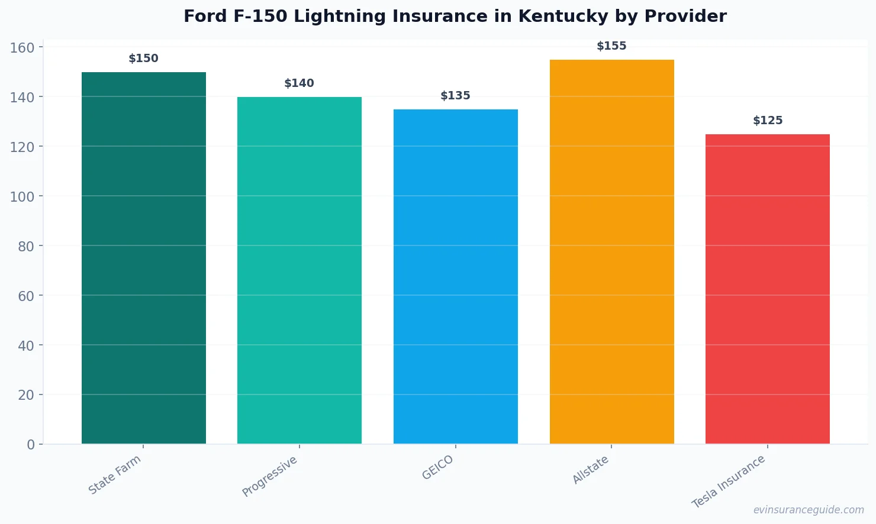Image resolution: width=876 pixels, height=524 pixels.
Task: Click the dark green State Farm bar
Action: tap(144, 258)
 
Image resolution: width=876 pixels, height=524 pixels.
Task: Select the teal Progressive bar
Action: tap(299, 270)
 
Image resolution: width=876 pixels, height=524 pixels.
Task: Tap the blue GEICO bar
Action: tap(456, 276)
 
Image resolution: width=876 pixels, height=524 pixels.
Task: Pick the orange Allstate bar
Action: tap(611, 251)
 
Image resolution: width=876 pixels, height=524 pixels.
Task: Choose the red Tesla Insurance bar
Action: tap(768, 289)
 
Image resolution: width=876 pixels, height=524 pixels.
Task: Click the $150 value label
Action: tap(144, 59)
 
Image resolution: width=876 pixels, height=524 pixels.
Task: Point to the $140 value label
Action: tap(299, 83)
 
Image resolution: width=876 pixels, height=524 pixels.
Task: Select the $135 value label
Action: tap(456, 96)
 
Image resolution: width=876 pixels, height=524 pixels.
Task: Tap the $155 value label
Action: tap(611, 46)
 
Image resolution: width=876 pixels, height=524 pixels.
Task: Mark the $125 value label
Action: tap(768, 121)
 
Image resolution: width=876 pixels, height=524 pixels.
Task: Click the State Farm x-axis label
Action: tap(115, 474)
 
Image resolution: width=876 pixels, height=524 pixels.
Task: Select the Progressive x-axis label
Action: tap(270, 476)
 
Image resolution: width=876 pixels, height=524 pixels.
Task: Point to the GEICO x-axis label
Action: tap(438, 467)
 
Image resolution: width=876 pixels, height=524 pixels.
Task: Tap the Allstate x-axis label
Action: tap(591, 470)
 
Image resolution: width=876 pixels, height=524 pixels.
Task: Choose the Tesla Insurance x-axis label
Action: tap(729, 481)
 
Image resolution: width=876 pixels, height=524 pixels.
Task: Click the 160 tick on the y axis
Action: tap(22, 47)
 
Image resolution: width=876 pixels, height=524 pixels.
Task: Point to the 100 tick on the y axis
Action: tap(22, 196)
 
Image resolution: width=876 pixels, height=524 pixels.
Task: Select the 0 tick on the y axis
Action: tap(31, 445)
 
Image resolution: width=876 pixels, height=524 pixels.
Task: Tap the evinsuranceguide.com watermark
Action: tap(809, 510)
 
